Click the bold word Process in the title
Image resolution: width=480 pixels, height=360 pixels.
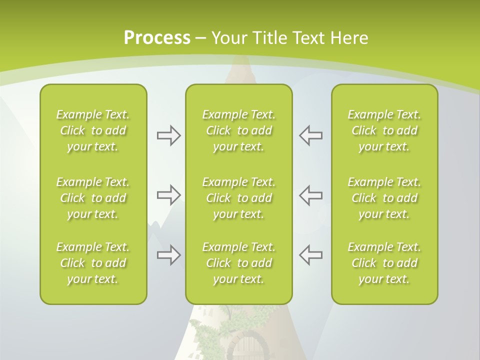click(157, 38)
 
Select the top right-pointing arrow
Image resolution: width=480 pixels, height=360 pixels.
click(169, 135)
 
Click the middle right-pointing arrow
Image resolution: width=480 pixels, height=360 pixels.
click(169, 195)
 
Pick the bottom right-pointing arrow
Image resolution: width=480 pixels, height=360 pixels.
click(169, 255)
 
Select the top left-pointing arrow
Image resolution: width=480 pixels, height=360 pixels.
click(310, 135)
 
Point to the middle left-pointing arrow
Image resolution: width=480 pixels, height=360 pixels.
click(310, 195)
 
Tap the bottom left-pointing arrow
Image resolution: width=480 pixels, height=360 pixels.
click(310, 255)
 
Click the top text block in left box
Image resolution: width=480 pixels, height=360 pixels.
click(93, 130)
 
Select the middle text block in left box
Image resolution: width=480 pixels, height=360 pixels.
click(93, 198)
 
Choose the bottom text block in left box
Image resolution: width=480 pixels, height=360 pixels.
click(93, 263)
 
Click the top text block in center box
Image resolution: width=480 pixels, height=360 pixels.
click(238, 130)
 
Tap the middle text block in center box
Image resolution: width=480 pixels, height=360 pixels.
click(238, 198)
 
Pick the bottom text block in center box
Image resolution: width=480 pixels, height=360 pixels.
click(238, 263)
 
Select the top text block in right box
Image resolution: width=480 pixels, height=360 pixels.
click(384, 130)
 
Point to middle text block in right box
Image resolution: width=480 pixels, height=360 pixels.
click(384, 198)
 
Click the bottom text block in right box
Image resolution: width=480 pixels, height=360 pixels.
click(384, 263)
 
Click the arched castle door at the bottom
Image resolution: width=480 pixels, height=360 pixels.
click(245, 347)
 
